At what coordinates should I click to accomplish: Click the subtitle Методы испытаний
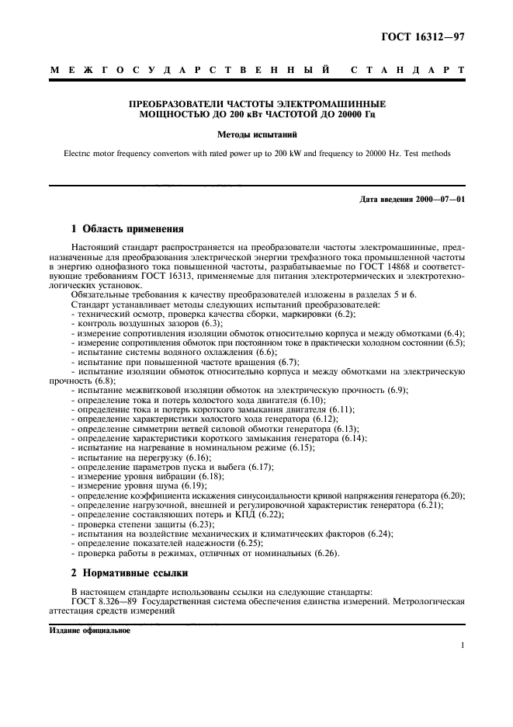(x=255, y=134)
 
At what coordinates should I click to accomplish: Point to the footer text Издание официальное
(x=92, y=630)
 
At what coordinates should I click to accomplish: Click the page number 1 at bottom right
(x=462, y=645)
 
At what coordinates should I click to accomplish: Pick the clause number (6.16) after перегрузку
(x=186, y=480)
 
